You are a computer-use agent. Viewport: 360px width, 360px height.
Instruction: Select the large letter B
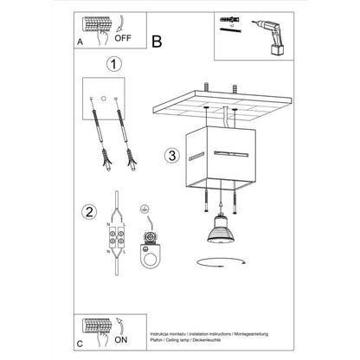tap(157, 40)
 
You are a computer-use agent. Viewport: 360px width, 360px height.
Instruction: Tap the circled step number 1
tap(111, 63)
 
